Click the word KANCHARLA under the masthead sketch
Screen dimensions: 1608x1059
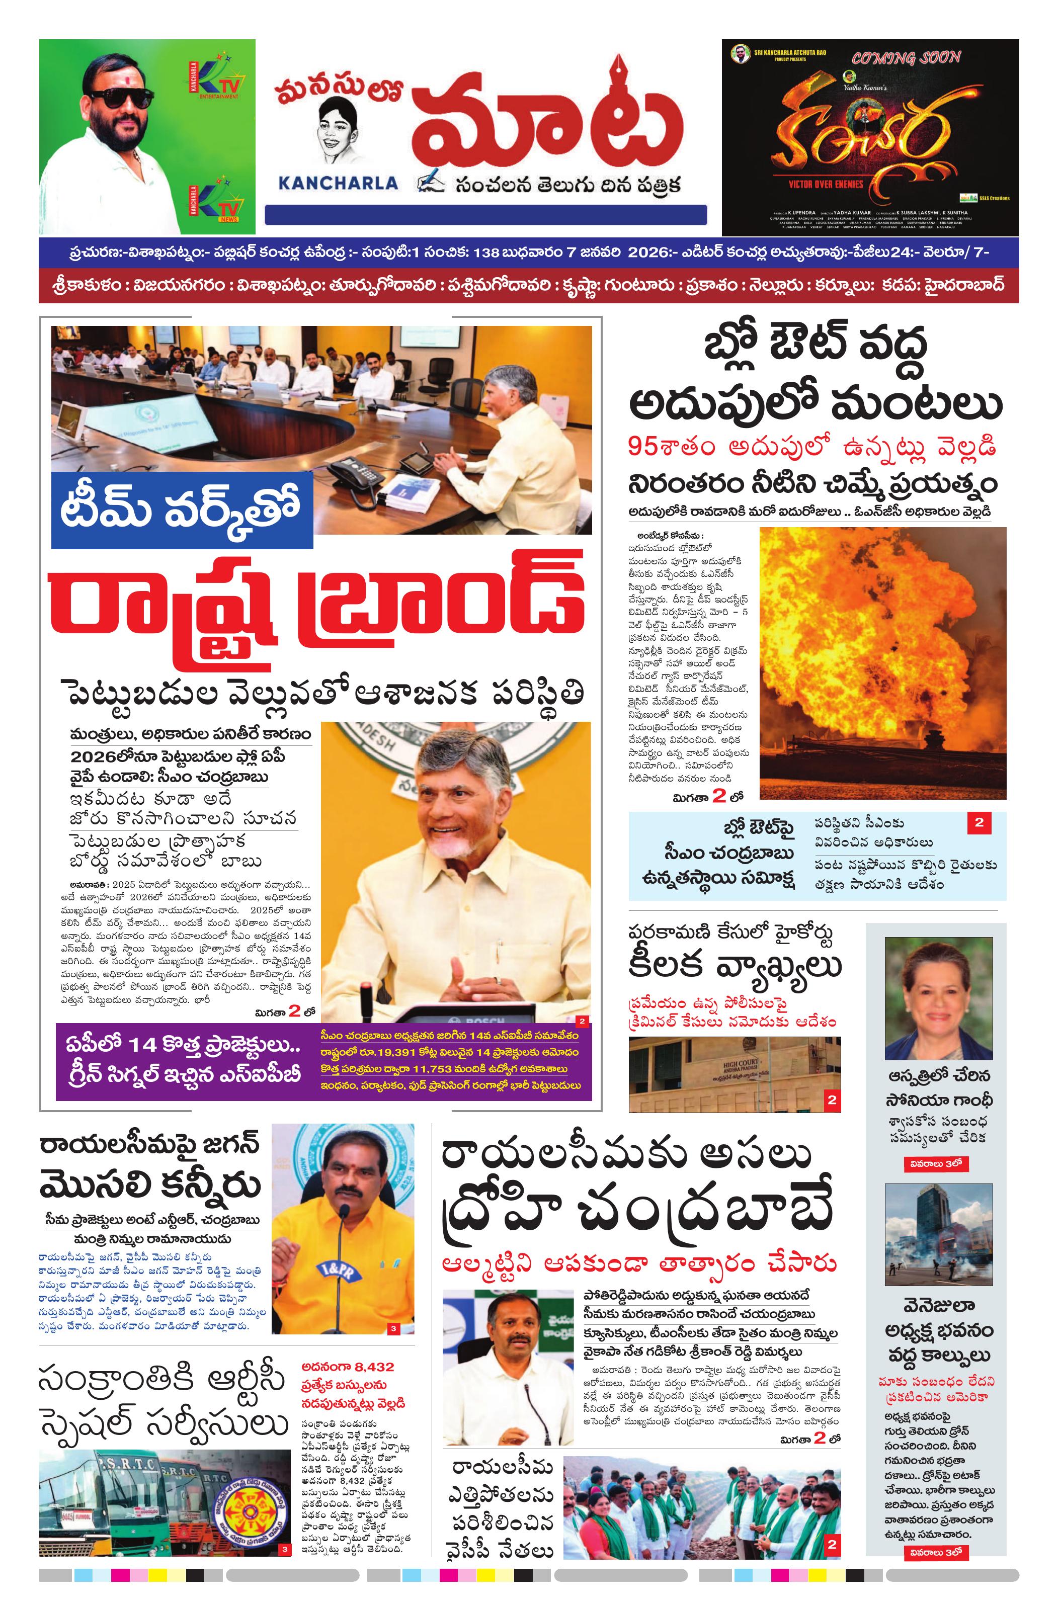pos(338,183)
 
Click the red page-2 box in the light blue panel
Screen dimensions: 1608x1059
pos(979,823)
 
